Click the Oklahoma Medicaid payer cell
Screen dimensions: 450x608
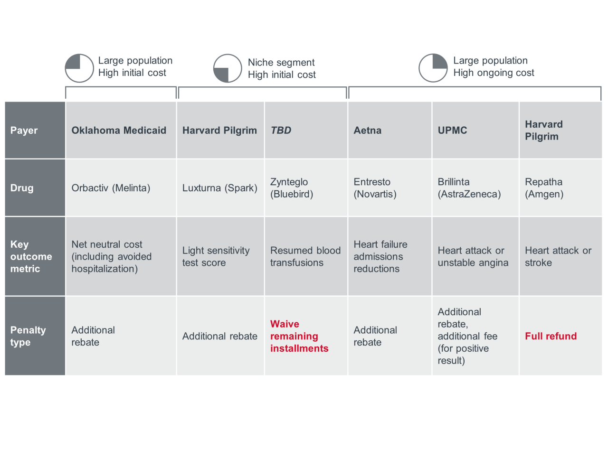point(119,131)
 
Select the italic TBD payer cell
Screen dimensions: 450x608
point(281,131)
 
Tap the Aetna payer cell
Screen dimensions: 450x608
point(367,131)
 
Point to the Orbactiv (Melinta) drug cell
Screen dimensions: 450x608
point(111,188)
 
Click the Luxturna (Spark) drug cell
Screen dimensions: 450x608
point(219,188)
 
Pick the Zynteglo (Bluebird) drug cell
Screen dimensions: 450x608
point(291,188)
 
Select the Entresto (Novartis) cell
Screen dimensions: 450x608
point(375,188)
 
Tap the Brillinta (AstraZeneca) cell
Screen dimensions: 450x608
point(469,188)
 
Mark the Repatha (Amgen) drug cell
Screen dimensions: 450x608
point(544,188)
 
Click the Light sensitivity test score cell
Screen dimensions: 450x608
point(216,256)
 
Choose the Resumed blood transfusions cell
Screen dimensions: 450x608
point(305,256)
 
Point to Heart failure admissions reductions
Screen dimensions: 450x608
point(380,256)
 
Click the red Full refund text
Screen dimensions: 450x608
point(551,336)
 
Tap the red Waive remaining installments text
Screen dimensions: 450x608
point(299,336)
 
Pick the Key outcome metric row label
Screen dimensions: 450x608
point(31,256)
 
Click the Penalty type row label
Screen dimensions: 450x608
point(28,336)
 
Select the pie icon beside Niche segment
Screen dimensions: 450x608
point(228,68)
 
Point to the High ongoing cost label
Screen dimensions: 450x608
point(494,73)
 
